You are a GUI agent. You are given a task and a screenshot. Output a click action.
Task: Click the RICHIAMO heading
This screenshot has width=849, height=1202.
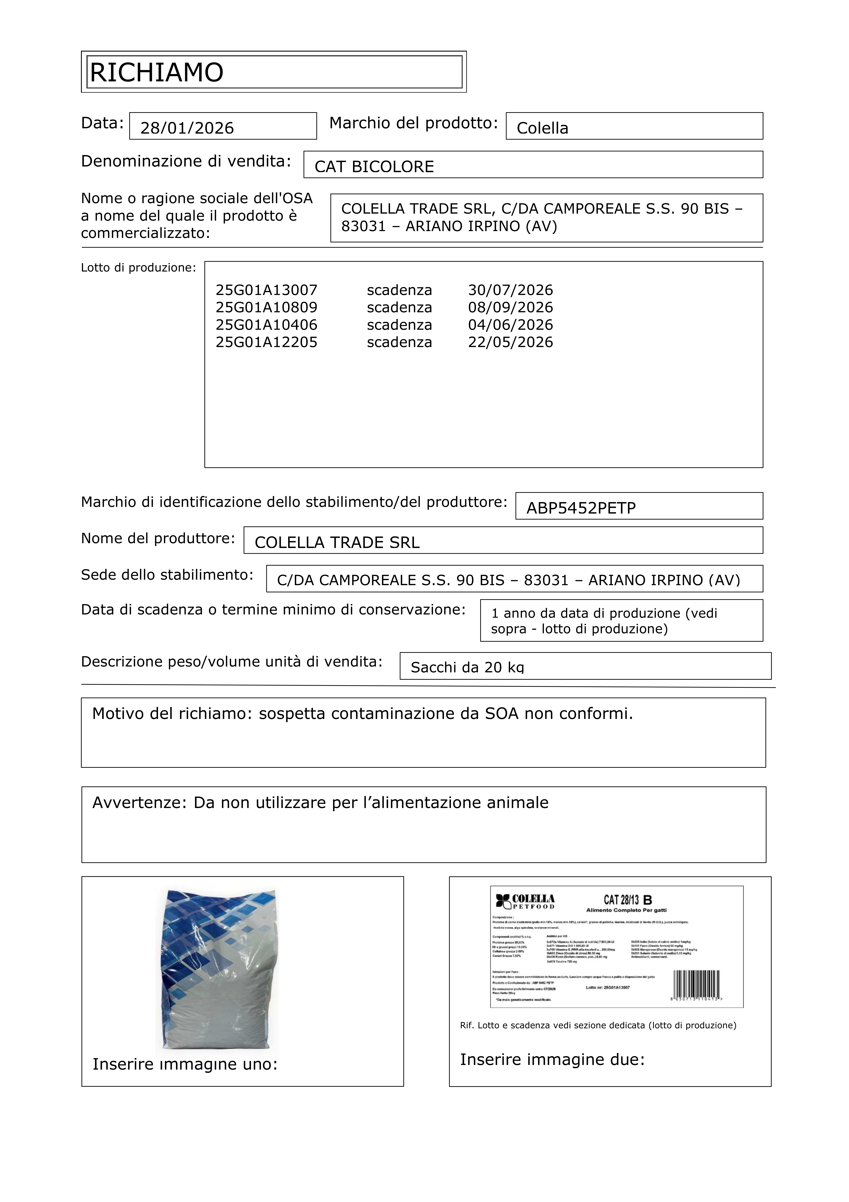click(x=156, y=72)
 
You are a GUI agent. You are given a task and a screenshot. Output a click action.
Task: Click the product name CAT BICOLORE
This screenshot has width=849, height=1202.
click(x=374, y=167)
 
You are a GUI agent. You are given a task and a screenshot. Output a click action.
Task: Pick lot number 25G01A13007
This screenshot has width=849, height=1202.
click(x=266, y=290)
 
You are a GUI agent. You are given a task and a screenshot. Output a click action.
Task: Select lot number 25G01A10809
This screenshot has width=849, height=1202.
click(x=266, y=307)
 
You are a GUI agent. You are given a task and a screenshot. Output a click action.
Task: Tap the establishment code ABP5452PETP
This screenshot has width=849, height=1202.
click(x=581, y=508)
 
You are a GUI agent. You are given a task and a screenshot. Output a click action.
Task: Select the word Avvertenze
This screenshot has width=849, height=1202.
click(x=139, y=803)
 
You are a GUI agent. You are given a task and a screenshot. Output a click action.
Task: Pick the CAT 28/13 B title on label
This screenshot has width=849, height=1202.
click(x=628, y=900)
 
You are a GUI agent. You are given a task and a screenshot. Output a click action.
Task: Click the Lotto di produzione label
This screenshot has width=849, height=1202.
click(x=138, y=268)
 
